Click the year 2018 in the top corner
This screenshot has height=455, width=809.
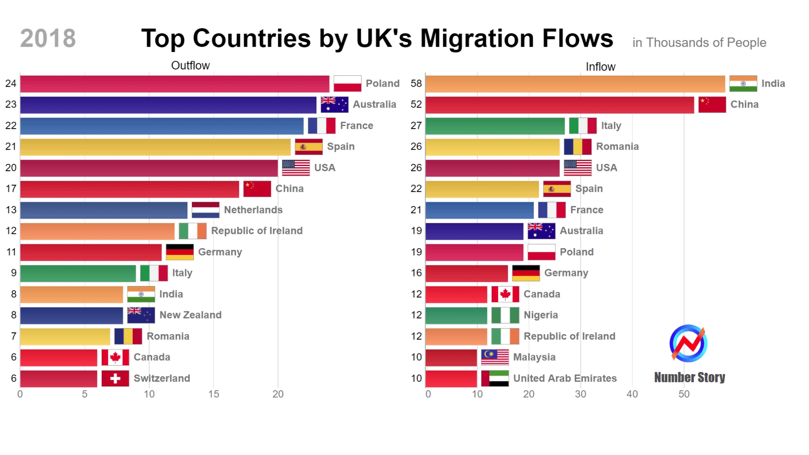pyautogui.click(x=48, y=38)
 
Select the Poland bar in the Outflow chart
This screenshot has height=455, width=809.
pyautogui.click(x=174, y=84)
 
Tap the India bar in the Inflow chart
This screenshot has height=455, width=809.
pyautogui.click(x=575, y=84)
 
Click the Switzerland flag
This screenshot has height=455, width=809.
pyautogui.click(x=115, y=378)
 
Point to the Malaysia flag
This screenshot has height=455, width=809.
pyautogui.click(x=495, y=357)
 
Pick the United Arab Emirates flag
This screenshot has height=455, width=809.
pyautogui.click(x=495, y=378)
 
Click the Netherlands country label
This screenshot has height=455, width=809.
pyautogui.click(x=253, y=210)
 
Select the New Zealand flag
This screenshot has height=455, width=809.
pyautogui.click(x=141, y=315)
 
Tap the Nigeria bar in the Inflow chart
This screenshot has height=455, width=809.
pyautogui.click(x=456, y=315)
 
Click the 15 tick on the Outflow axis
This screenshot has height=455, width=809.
pyautogui.click(x=213, y=394)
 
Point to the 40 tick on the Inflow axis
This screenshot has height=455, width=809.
pyautogui.click(x=632, y=394)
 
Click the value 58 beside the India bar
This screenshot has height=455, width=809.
pyautogui.click(x=416, y=83)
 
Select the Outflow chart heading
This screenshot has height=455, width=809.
pyautogui.click(x=190, y=66)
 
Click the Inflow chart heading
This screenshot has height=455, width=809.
pyautogui.click(x=600, y=67)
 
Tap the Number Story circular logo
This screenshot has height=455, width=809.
pyautogui.click(x=688, y=343)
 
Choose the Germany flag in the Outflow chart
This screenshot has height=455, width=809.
pyautogui.click(x=179, y=252)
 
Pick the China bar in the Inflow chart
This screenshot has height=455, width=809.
pyautogui.click(x=559, y=105)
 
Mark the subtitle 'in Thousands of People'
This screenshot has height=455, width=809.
pyautogui.click(x=699, y=43)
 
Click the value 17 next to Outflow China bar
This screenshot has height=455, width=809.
pyautogui.click(x=11, y=189)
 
